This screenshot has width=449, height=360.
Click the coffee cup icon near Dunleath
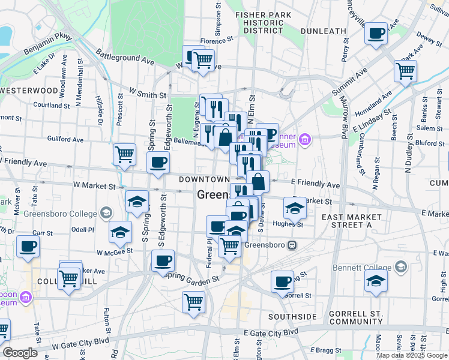(x=376, y=34)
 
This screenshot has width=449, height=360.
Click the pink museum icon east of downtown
(x=306, y=140)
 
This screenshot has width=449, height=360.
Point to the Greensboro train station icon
(x=292, y=245)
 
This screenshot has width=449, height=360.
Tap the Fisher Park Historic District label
(x=259, y=22)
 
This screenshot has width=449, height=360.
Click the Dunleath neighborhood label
(x=324, y=31)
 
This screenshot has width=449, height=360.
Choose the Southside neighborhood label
(x=292, y=316)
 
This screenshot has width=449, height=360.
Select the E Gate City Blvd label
(x=271, y=331)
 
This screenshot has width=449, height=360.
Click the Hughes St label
(x=288, y=224)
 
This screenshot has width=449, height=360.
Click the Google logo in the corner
(x=20, y=353)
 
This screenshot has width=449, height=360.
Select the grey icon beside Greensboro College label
(x=106, y=213)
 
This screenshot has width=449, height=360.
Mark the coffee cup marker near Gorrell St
(x=282, y=282)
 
